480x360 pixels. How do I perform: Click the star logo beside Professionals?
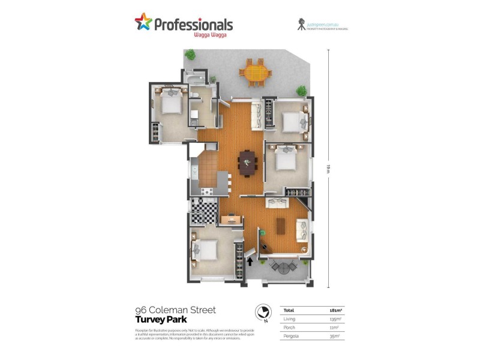pos(143,23)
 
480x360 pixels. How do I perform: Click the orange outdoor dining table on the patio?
pos(255,73)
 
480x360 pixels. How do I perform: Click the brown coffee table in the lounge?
pos(280,226)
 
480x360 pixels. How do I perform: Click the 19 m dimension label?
pos(328,169)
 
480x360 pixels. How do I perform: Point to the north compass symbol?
pos(262,312)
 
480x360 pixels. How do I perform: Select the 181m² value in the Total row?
pos(335,310)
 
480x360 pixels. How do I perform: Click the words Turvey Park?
pos(158,320)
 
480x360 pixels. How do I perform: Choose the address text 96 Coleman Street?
pos(175,310)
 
